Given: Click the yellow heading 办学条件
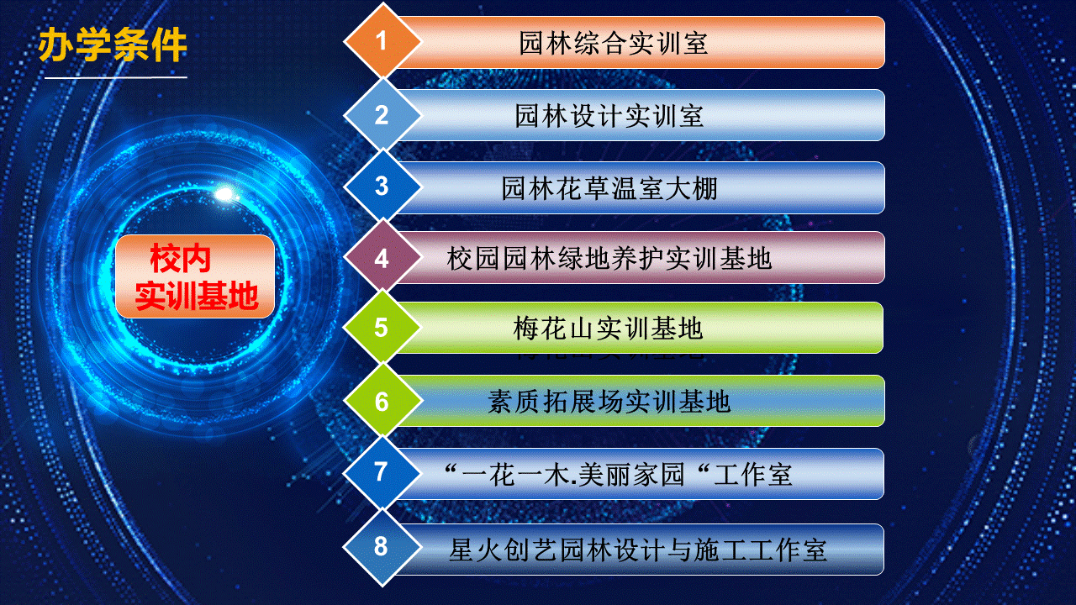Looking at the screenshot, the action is coord(113,45).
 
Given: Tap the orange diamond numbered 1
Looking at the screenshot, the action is coord(382,40).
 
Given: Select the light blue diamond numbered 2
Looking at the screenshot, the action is coord(382,115).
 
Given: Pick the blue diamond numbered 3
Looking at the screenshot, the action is coord(382,187).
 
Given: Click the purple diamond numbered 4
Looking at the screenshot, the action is coord(382,258).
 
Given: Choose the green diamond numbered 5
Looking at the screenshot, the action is coord(382,328).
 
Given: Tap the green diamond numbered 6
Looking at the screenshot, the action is coord(382,401).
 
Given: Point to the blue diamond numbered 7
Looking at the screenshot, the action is coord(382,472).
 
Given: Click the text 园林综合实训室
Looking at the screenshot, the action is coord(614,43).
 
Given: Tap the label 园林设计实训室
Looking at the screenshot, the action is coord(609,116).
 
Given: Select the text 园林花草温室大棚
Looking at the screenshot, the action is coord(609,187).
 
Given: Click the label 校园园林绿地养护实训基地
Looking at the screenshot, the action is coord(609,258).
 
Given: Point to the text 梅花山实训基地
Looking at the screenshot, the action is coord(608,329).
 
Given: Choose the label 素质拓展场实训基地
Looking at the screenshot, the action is coord(609,402).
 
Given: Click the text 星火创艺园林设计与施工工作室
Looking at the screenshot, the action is coord(637,550).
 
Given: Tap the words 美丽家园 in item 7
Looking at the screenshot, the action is coord(631,475).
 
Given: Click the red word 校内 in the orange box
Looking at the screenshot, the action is coord(180,258).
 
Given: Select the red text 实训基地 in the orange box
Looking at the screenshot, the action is coord(197,296).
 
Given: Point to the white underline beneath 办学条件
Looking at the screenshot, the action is coord(116,77).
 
